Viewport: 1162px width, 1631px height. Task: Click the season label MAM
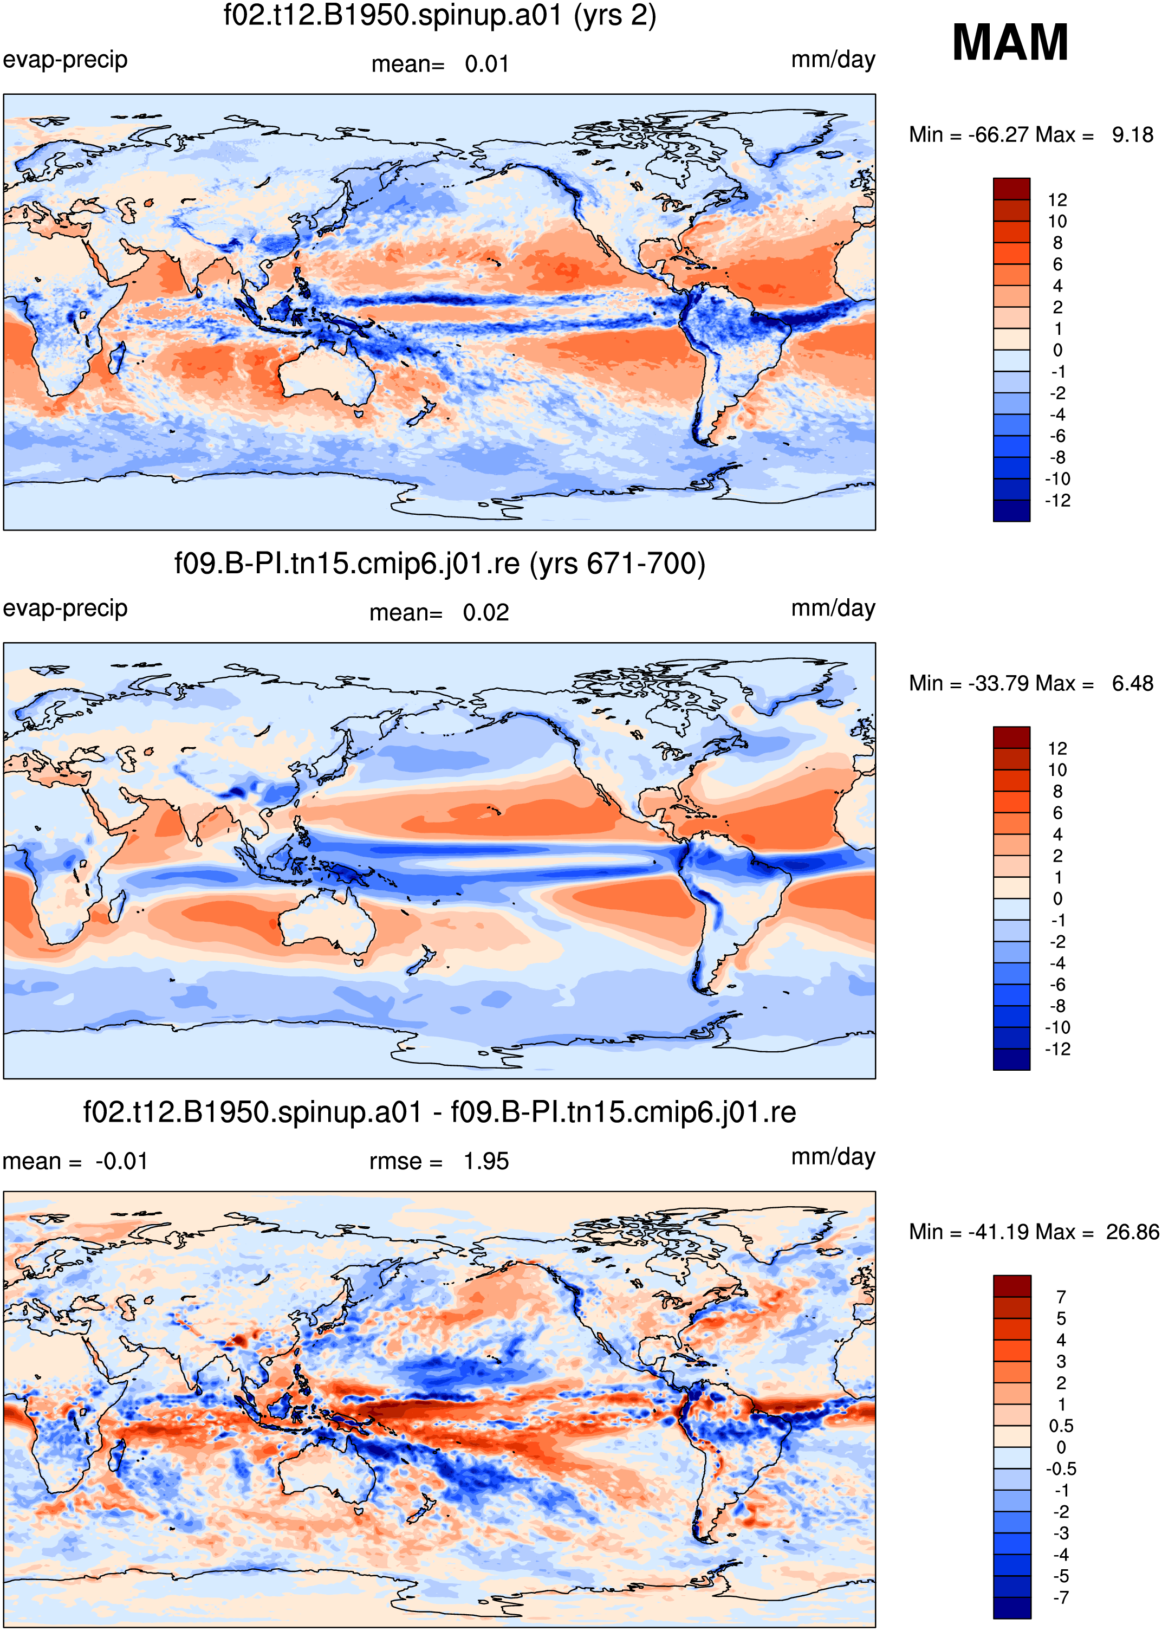pos(1010,42)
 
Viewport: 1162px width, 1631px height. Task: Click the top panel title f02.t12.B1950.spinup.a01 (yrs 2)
pos(439,16)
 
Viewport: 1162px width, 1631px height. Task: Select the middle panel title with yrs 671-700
pos(439,564)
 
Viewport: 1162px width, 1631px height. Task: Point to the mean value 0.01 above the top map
pos(486,64)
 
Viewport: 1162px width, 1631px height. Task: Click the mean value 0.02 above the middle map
pos(486,613)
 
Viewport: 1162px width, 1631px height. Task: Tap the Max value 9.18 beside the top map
pos(1132,134)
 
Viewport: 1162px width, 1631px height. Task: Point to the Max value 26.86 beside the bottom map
pos(1132,1232)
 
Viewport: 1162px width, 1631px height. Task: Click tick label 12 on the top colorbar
pos(1057,199)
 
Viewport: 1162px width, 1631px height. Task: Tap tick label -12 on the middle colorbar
pos(1057,1049)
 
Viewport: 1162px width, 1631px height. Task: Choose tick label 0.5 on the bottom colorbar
pos(1061,1426)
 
